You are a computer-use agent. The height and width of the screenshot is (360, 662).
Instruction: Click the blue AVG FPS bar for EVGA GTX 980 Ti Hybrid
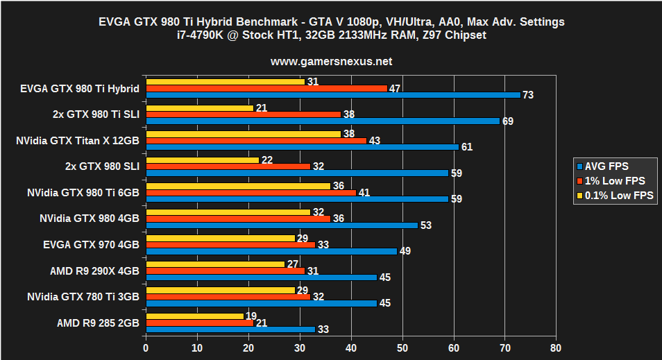tap(333, 95)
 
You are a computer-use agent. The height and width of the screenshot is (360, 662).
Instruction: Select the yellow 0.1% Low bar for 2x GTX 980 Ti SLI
tap(199, 108)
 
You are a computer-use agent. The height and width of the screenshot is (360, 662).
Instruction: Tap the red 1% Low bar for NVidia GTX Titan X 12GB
tap(256, 141)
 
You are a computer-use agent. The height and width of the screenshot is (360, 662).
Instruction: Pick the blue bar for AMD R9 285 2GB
tap(230, 329)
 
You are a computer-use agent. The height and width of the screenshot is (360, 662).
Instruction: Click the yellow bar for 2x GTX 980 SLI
tap(202, 160)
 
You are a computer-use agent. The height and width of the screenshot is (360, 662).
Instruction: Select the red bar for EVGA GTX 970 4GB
tap(230, 244)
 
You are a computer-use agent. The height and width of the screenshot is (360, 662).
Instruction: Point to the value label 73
tap(528, 95)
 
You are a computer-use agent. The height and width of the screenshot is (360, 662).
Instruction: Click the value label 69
tap(507, 121)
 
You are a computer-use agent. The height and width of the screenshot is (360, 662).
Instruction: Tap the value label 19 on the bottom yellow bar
tap(251, 316)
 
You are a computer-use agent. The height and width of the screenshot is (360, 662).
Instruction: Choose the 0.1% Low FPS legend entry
tap(614, 196)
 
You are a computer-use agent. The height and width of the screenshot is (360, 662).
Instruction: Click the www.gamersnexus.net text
tap(331, 61)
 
